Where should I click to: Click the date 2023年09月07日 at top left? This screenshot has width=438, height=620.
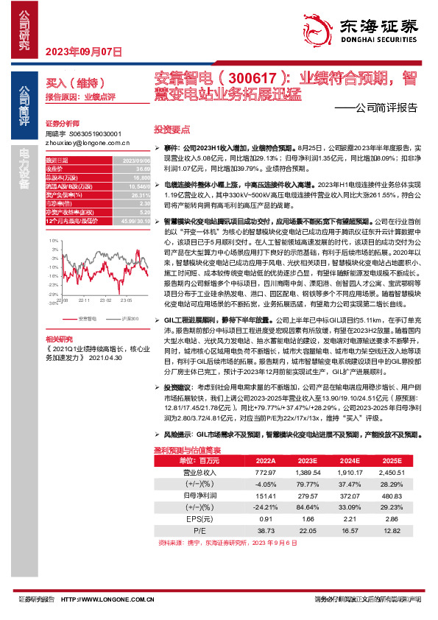(84, 52)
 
